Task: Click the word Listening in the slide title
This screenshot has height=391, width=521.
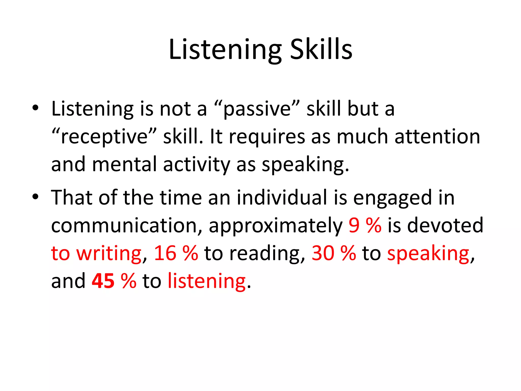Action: pos(225,50)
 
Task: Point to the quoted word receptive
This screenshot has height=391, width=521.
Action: pos(104,137)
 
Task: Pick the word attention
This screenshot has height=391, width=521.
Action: pos(437,136)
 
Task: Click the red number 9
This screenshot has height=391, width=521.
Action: pos(354,225)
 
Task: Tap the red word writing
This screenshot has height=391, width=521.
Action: pos(109,254)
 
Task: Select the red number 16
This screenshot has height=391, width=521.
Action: pos(165,253)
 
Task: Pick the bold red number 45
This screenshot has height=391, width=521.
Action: pos(103,281)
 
